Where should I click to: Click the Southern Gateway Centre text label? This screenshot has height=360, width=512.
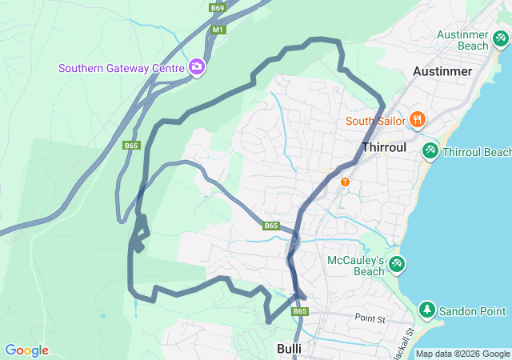click(x=121, y=68)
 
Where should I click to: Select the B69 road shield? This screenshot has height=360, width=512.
click(x=218, y=8)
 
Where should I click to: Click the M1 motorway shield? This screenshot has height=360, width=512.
click(x=218, y=30)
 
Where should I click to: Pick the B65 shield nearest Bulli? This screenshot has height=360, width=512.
click(x=300, y=311)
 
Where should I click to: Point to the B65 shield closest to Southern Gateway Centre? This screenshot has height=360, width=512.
click(x=132, y=146)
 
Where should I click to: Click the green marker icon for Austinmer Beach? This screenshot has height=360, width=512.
click(x=501, y=37)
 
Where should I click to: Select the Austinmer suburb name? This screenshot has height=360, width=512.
click(x=442, y=71)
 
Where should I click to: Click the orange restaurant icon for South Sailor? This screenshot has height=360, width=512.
click(x=417, y=120)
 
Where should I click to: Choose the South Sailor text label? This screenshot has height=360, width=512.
click(x=375, y=122)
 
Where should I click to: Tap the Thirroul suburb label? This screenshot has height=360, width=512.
click(x=386, y=148)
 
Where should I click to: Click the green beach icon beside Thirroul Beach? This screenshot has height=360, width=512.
click(x=430, y=150)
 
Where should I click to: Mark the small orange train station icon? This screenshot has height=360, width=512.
click(x=345, y=182)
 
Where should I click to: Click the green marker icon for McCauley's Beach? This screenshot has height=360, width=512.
click(x=396, y=263)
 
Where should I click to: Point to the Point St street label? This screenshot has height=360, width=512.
click(x=370, y=319)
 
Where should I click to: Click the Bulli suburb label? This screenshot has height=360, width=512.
click(x=289, y=349)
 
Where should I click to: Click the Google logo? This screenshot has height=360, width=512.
click(x=26, y=350)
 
